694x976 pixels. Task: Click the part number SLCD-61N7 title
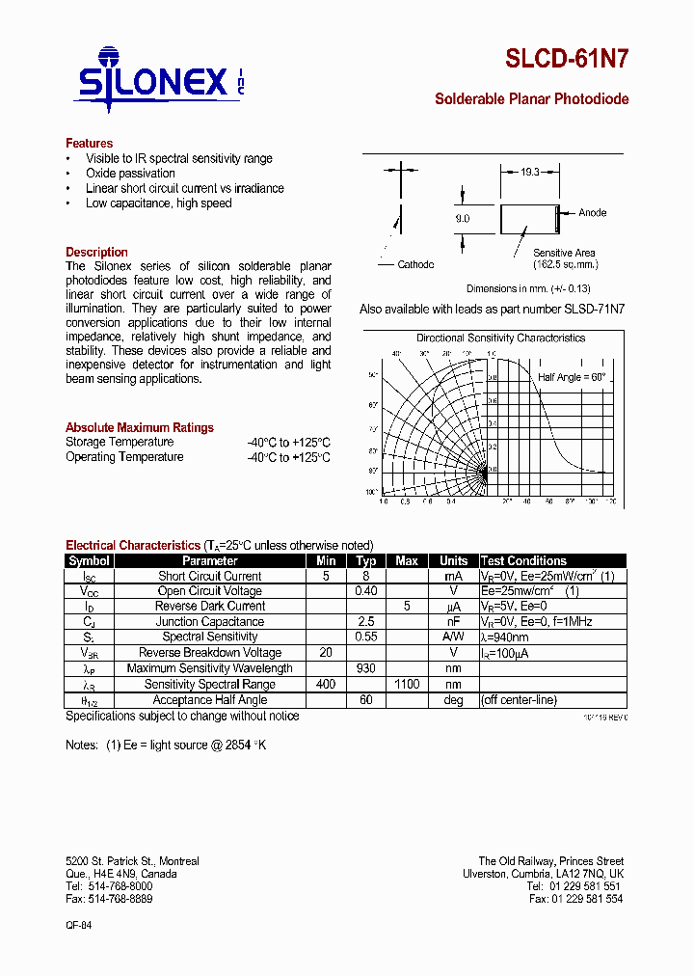tap(567, 59)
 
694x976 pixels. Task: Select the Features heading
tap(89, 143)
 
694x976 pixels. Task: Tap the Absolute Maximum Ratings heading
tap(140, 427)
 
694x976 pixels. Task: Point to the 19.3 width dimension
tap(529, 171)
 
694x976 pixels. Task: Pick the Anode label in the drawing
tap(592, 213)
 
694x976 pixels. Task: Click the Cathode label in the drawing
tap(415, 264)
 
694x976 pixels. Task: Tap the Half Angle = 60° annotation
tap(572, 377)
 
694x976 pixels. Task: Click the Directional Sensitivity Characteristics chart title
tap(500, 338)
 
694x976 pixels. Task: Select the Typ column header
tap(366, 560)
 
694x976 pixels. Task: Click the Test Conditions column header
tap(523, 560)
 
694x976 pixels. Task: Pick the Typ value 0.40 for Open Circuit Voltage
tap(366, 591)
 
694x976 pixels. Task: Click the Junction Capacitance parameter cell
tap(210, 622)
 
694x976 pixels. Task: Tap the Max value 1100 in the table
tap(406, 684)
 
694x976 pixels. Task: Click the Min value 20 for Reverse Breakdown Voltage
tap(326, 653)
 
